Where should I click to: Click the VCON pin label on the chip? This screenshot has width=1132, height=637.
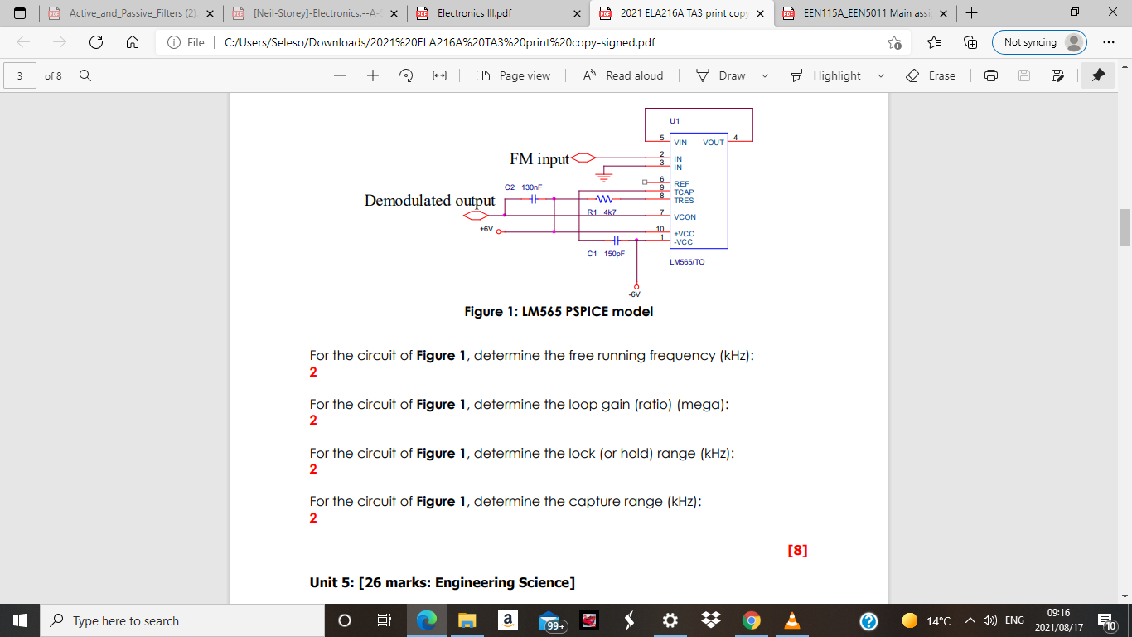click(x=685, y=217)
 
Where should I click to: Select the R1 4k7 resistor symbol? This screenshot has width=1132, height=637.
click(x=604, y=199)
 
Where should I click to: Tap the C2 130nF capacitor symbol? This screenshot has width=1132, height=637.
click(x=534, y=199)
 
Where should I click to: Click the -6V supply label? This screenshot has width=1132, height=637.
click(x=635, y=294)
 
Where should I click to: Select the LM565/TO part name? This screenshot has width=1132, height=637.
click(x=687, y=261)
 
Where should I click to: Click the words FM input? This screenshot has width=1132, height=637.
click(x=539, y=158)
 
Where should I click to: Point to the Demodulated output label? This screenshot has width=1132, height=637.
click(x=429, y=201)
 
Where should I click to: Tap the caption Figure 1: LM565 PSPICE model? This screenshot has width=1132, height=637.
click(x=559, y=312)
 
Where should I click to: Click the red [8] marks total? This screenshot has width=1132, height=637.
click(x=797, y=550)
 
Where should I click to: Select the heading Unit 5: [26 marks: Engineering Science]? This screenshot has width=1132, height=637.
click(x=442, y=582)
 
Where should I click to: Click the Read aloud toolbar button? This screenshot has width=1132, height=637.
click(x=623, y=75)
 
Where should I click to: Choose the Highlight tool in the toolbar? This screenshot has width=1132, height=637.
click(x=837, y=75)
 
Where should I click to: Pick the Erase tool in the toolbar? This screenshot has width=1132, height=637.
click(x=931, y=75)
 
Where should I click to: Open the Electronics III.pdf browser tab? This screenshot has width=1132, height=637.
click(x=497, y=13)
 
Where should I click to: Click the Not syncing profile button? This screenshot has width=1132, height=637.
click(x=1039, y=42)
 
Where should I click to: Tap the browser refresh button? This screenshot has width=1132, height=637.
click(x=96, y=42)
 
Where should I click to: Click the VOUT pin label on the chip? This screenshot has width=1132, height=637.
click(x=714, y=143)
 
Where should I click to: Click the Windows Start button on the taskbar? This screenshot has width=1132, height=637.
click(x=20, y=620)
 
